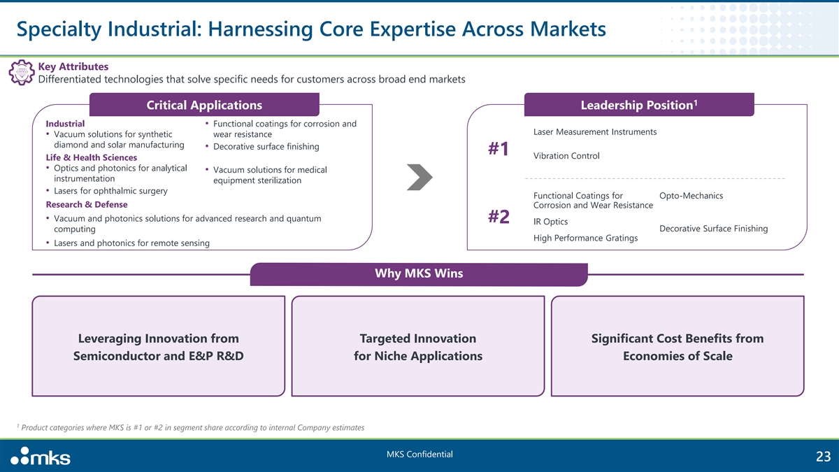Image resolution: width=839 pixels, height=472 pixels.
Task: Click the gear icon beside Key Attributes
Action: [20, 73]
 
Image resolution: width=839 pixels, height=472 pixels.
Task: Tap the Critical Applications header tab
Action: [204, 105]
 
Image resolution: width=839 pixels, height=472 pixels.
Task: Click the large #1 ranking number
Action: [499, 150]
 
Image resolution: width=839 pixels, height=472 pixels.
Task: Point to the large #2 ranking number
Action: [499, 217]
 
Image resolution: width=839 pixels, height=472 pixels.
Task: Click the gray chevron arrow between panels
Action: [419, 177]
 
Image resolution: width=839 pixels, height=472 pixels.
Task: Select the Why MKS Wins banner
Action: [419, 273]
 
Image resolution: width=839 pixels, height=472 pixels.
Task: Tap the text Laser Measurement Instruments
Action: [594, 132]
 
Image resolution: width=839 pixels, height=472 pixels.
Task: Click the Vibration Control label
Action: [566, 155]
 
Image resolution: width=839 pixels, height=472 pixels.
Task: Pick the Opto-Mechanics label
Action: [691, 195]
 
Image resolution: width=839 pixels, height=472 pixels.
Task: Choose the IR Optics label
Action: [550, 222]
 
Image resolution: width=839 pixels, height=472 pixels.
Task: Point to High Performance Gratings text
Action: [585, 238]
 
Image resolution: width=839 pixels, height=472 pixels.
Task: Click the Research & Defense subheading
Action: [87, 205]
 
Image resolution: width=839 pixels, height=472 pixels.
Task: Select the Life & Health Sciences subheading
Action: [91, 157]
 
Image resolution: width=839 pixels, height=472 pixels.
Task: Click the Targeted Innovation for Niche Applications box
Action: [418, 347]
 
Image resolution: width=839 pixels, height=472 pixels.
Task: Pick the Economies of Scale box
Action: [677, 347]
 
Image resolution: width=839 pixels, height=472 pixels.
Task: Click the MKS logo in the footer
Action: [41, 457]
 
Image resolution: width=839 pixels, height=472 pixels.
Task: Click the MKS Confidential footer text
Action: [419, 455]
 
